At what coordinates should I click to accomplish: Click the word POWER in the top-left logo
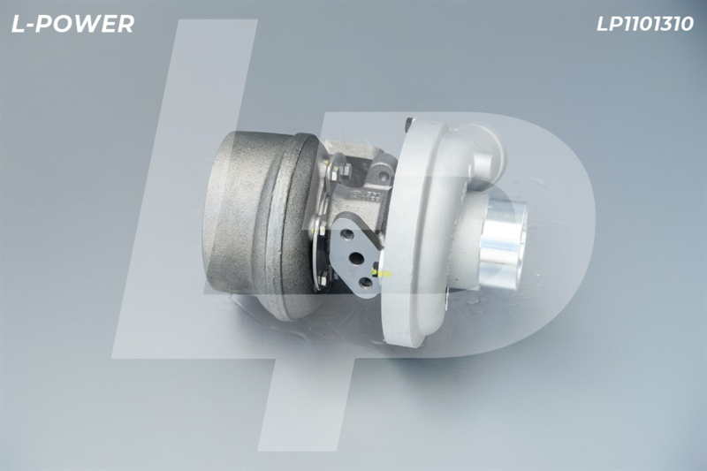(x=85, y=24)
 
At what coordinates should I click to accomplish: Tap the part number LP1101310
(x=645, y=25)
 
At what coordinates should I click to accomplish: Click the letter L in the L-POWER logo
(x=18, y=24)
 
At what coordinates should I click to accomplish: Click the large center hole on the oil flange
(x=356, y=258)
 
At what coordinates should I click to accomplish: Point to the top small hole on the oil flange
(x=347, y=234)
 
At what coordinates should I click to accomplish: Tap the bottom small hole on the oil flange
(x=366, y=283)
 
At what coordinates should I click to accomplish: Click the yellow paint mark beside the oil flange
(x=382, y=272)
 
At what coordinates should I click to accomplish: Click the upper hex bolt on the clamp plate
(x=346, y=171)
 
